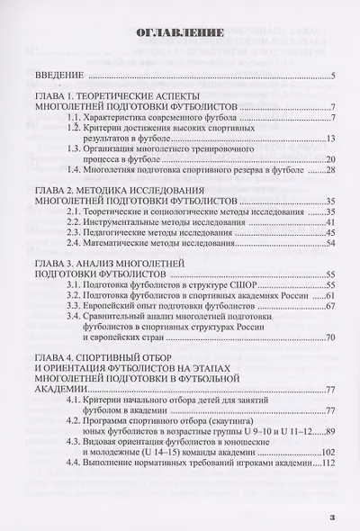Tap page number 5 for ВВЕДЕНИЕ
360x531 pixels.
pos(332,76)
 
